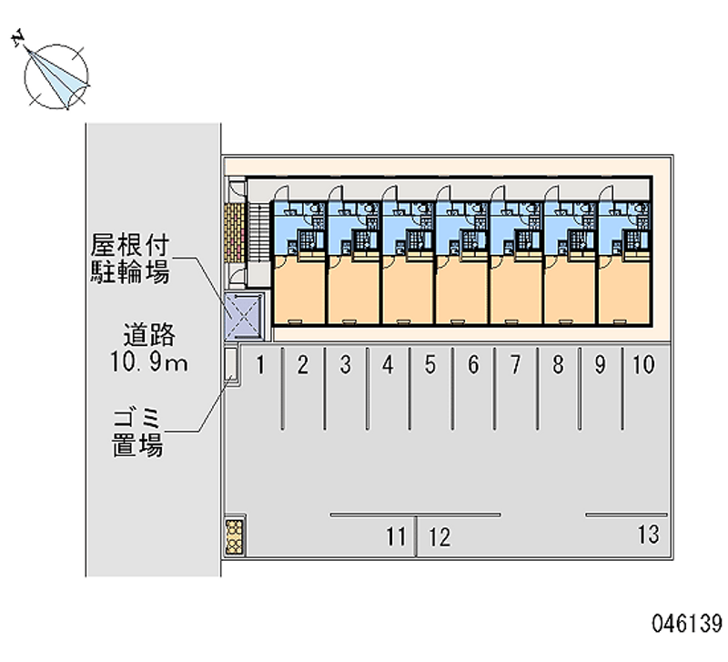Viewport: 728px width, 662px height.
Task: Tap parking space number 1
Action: point(260,366)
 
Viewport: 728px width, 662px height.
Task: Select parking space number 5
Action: point(430,366)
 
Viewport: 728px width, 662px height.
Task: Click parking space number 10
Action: point(642,366)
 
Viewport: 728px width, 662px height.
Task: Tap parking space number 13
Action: point(648,535)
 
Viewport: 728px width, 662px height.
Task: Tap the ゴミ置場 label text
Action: point(138,432)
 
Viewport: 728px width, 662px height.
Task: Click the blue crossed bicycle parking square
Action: point(243,314)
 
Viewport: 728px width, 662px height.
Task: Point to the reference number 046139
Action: point(686,627)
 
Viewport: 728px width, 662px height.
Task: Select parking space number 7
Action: point(515,366)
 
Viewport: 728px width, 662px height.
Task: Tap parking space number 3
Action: point(346,366)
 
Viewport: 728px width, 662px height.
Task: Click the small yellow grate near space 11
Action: point(235,537)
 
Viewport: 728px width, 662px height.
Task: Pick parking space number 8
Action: point(558,366)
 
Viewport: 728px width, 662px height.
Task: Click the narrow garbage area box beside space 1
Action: point(231,365)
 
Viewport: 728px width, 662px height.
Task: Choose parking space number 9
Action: point(600,366)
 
